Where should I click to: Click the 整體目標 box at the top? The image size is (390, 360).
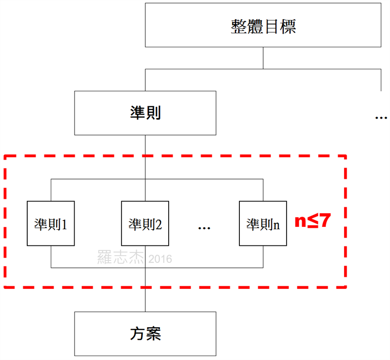point(263,26)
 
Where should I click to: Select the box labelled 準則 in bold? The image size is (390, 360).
point(145,113)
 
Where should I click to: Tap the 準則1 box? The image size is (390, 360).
point(51,224)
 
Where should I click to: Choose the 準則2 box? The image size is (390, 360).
point(145,224)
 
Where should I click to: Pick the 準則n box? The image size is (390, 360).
point(263,224)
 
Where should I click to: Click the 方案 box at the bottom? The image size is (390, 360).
point(145,334)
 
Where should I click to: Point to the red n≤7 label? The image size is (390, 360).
point(312,221)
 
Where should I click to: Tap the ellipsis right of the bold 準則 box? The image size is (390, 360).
point(381,118)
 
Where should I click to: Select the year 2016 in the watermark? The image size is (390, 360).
point(160,259)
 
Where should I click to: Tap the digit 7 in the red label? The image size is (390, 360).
point(325,221)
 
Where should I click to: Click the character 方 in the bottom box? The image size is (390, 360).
point(137,334)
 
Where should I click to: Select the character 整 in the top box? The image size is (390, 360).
point(238,26)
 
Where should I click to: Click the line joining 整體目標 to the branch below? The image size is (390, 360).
point(263,59)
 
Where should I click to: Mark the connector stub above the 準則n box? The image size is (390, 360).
point(263,190)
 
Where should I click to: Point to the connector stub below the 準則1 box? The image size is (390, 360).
point(51,257)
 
